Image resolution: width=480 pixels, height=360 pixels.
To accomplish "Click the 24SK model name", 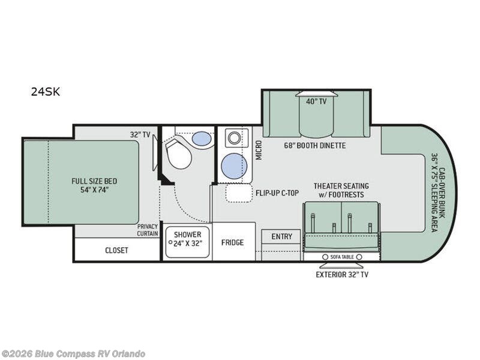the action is tap(46, 92).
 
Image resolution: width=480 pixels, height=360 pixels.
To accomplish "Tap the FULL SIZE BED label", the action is tap(94, 181).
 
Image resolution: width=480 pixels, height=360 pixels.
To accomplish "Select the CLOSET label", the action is tap(116, 250).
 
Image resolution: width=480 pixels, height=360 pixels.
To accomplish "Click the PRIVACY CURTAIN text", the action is tap(148, 230).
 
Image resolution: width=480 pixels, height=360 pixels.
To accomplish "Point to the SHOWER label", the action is tap(188, 235).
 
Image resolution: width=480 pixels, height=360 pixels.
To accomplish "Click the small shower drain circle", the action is tap(170, 242).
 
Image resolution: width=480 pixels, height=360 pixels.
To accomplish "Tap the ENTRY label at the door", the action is tap(282, 236).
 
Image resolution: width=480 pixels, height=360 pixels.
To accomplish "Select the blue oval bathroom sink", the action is tap(202, 139).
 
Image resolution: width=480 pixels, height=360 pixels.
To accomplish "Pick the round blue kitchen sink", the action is tap(234, 166).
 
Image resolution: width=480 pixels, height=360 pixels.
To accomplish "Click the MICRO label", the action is tap(259, 150).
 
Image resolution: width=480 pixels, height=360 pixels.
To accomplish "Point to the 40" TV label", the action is tap(316, 101).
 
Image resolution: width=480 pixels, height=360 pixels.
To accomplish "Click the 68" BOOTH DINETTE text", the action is tap(314, 145).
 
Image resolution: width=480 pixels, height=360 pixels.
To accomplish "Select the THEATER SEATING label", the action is tap(341, 186).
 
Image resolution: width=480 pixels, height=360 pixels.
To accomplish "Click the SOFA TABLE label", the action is tap(342, 257).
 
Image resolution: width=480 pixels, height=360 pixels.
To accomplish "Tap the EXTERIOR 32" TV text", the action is tap(342, 275).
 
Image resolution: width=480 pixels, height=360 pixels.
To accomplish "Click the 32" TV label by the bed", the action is tap(140, 134).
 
